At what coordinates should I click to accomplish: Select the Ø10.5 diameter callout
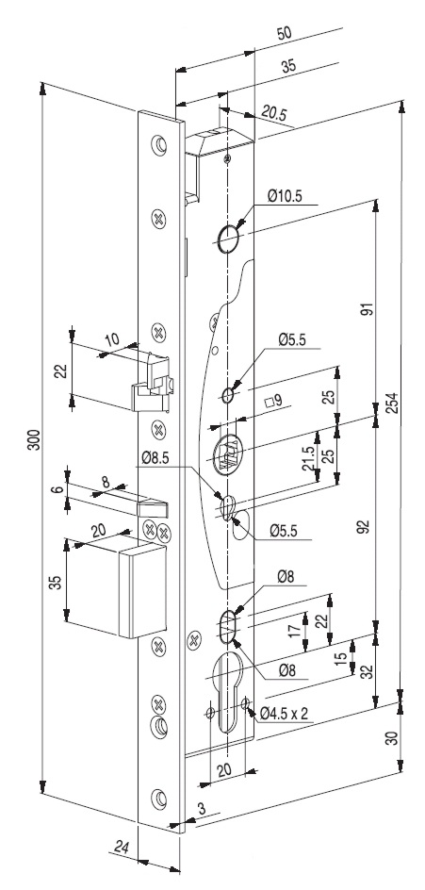click(286, 196)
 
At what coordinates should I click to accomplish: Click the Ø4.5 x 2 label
click(284, 714)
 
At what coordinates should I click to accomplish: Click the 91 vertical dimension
click(366, 309)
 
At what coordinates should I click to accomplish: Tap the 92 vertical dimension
click(366, 526)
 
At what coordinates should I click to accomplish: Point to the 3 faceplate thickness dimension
click(201, 808)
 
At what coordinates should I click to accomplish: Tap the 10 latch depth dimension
click(112, 339)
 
